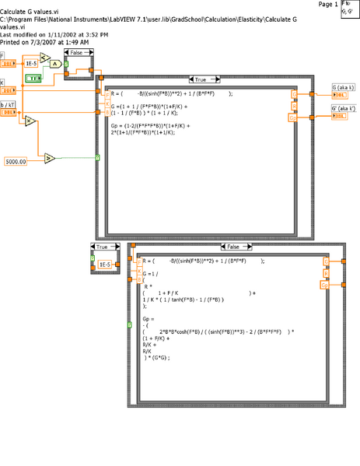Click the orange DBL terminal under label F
point(7,64)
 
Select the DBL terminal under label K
point(7,89)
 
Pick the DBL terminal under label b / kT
point(7,112)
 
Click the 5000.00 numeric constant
point(16,160)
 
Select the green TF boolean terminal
point(34,79)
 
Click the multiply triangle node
point(30,121)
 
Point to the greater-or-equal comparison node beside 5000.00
point(49,159)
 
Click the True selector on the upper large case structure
point(200,79)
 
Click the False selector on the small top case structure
point(77,52)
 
